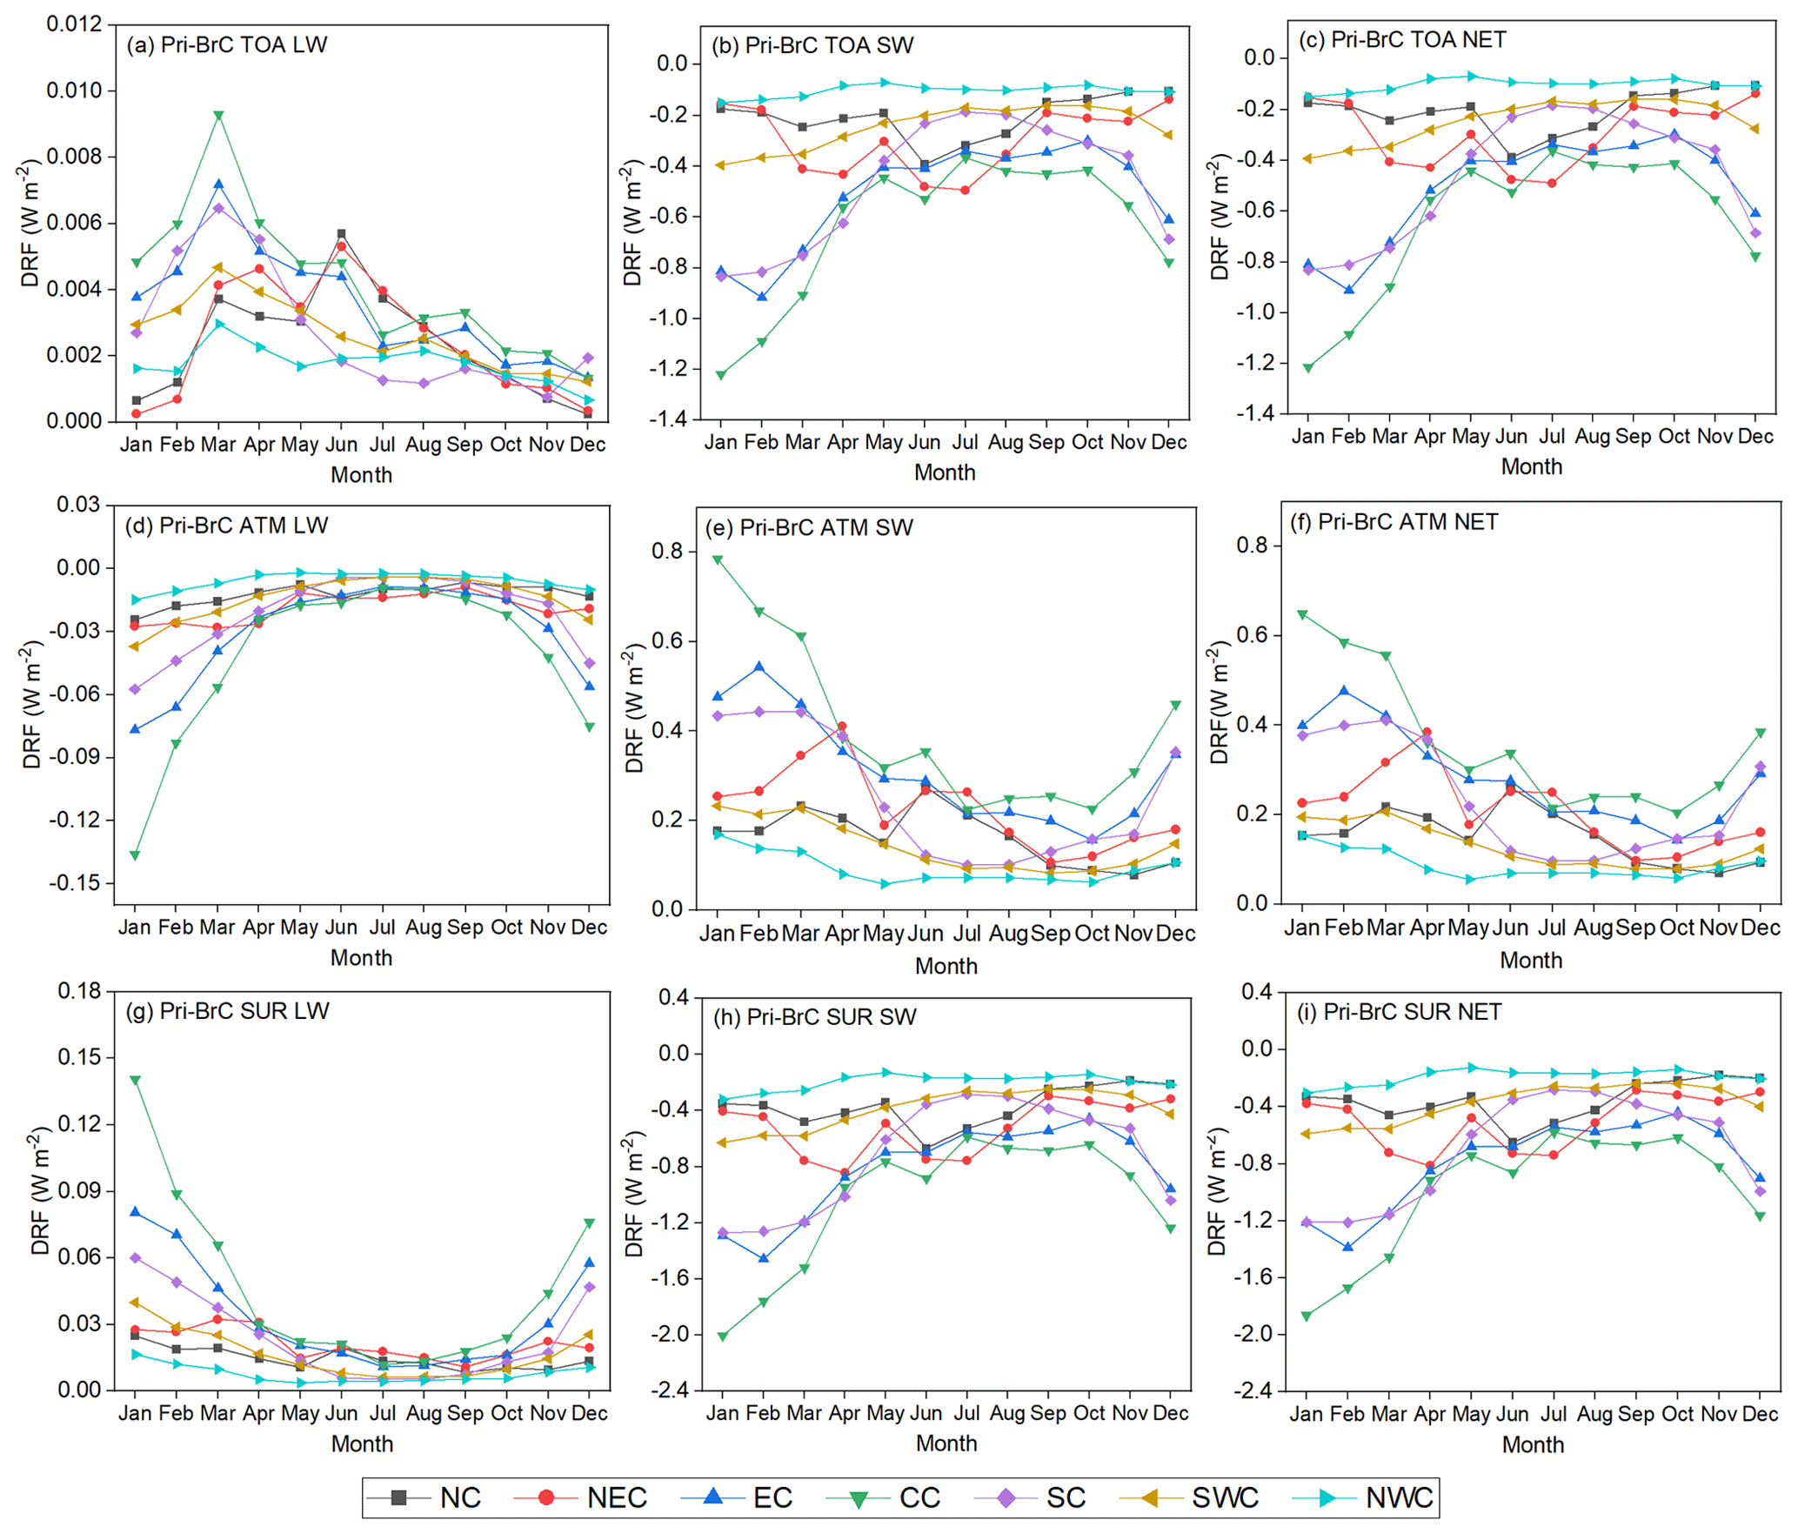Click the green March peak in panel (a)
coord(218,116)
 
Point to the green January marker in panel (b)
coord(720,375)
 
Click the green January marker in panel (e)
coord(718,559)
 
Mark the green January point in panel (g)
coord(135,1081)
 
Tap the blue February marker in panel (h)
coord(763,1257)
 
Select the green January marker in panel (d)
coord(135,855)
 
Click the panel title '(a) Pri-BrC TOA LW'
coord(226,45)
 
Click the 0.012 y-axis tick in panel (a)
coord(74,23)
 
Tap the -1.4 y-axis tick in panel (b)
coord(667,419)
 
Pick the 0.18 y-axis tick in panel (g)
coord(80,990)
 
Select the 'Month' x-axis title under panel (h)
coord(946,1444)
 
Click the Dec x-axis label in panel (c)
coord(1755,437)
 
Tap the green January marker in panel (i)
coord(1306,1316)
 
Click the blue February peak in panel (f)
coord(1345,691)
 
